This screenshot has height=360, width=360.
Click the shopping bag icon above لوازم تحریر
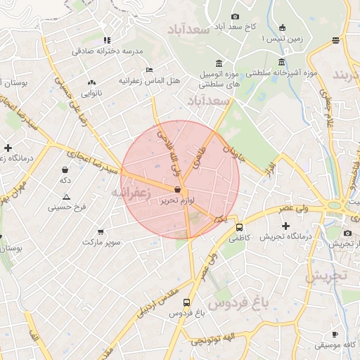tap(176, 190)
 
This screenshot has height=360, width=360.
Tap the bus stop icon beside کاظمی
tap(240, 227)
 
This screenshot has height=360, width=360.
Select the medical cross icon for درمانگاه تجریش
tap(285, 226)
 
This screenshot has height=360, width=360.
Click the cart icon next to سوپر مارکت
tap(101, 231)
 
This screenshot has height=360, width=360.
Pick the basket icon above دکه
tap(65, 169)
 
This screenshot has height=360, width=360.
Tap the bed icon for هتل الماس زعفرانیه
tap(148, 70)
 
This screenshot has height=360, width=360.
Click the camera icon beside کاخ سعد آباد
tap(235, 16)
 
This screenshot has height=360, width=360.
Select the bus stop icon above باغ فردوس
tap(186, 303)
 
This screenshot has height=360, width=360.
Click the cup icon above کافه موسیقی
tap(335, 334)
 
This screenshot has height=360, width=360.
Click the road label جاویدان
tap(233, 153)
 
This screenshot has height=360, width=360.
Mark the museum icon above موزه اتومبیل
tap(219, 63)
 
